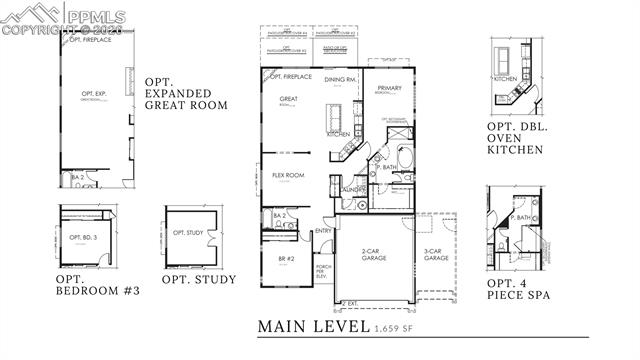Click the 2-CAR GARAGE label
coord(374,256)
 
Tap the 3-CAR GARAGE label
coord(436,254)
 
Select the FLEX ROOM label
coord(288,175)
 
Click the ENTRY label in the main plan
coord(323,232)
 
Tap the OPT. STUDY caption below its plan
coord(199,279)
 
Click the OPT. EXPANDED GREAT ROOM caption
coord(186,93)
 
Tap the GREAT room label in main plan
coord(288,99)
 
